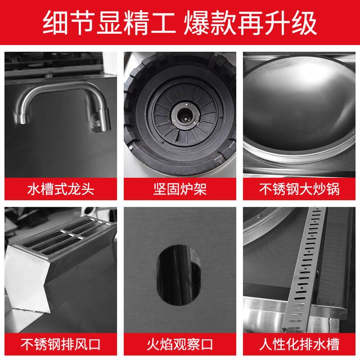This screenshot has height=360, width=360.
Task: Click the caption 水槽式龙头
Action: pyautogui.click(x=60, y=189)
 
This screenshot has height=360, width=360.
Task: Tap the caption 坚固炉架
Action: pyautogui.click(x=180, y=189)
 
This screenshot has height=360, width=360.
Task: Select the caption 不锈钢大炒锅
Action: pyautogui.click(x=299, y=189)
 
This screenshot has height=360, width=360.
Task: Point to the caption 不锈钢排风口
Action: pyautogui.click(x=60, y=344)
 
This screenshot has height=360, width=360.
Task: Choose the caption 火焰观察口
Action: pyautogui.click(x=180, y=344)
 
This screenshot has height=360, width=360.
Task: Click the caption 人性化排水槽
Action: pyautogui.click(x=299, y=344)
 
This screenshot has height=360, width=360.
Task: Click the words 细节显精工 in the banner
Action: pyautogui.click(x=109, y=23)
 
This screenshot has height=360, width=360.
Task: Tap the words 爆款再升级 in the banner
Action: pyautogui.click(x=251, y=23)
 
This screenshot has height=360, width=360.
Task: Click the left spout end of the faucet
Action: pyautogui.click(x=23, y=120)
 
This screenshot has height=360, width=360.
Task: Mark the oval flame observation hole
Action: pyautogui.click(x=179, y=276)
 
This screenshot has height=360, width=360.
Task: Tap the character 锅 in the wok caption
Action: pyautogui.click(x=333, y=189)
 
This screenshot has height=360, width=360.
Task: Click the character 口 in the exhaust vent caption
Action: pyautogui.click(x=94, y=344)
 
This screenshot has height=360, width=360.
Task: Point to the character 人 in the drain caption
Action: pyautogui.click(x=266, y=344)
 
